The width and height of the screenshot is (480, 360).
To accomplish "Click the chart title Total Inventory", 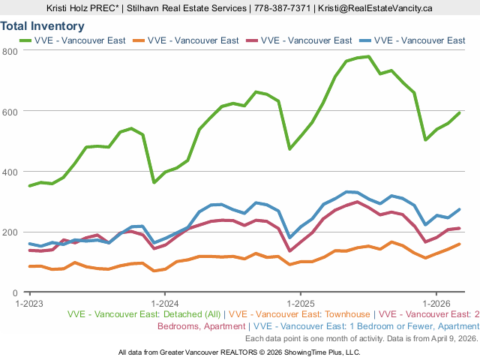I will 42,26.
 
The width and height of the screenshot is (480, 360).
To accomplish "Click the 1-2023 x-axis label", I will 28,304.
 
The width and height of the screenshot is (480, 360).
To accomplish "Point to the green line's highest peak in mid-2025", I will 368,56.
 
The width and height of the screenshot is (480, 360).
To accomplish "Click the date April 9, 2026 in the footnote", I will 450,338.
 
